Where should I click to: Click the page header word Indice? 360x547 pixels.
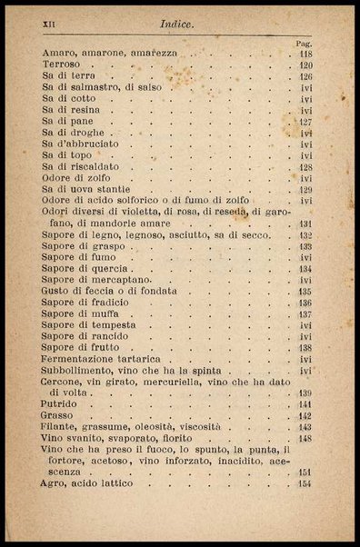point(176,25)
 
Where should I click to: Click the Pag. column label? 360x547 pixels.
point(305,44)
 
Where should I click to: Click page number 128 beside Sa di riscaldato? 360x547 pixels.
point(305,167)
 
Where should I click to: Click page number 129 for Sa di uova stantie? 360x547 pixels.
point(305,190)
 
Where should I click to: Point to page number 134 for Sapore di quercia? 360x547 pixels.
point(305,269)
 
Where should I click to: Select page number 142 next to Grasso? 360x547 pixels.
point(305,415)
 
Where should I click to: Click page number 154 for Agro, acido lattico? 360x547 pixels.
point(305,483)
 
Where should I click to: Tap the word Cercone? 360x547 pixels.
point(64,382)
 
